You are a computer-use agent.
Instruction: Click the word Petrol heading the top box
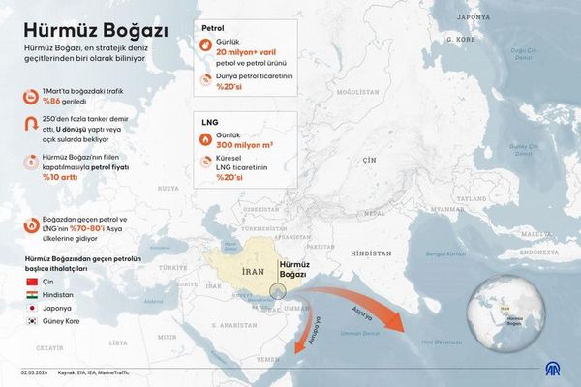point(213,29)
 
